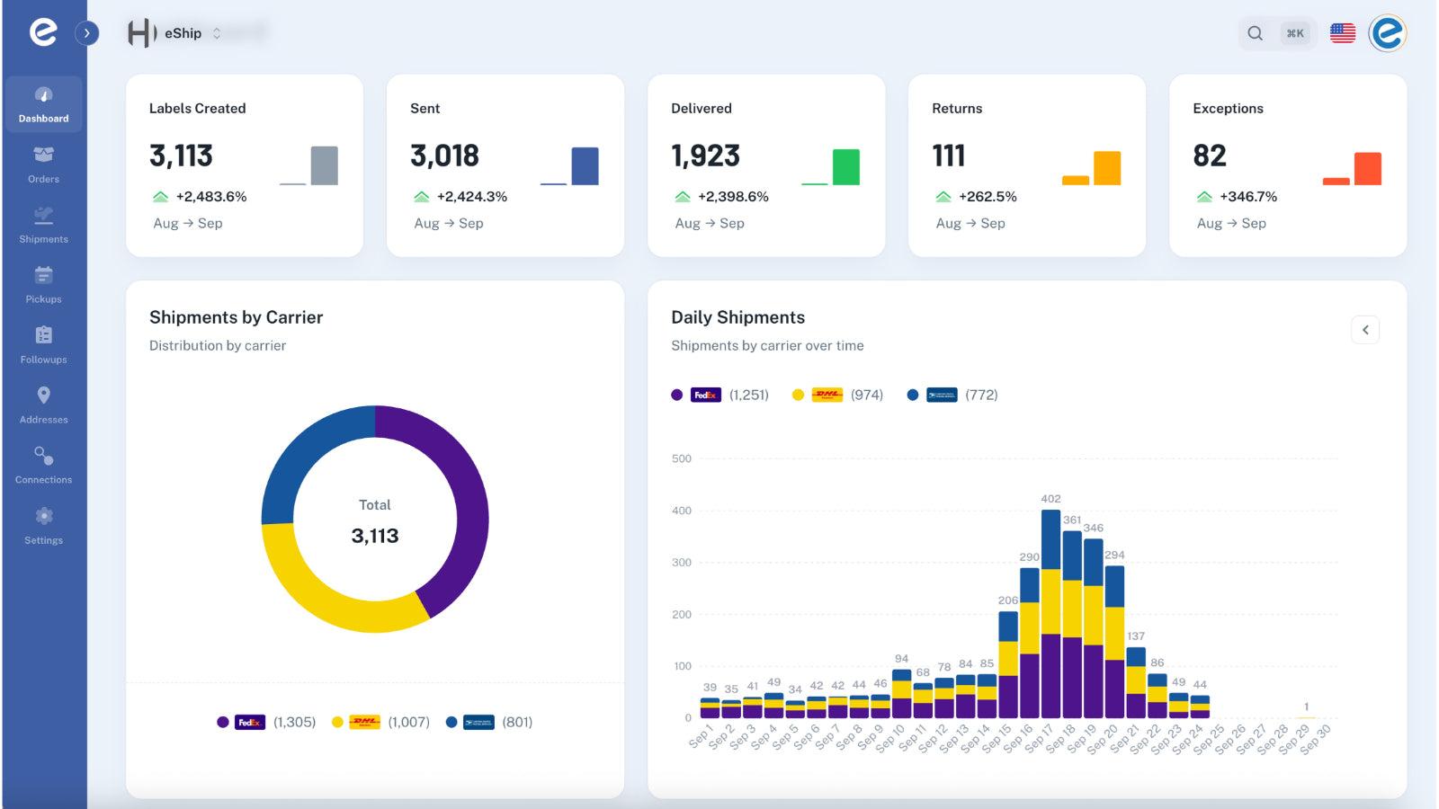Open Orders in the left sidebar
pyautogui.click(x=43, y=164)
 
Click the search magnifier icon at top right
pyautogui.click(x=1255, y=33)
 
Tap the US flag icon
pyautogui.click(x=1342, y=33)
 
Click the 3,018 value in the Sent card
pyautogui.click(x=444, y=156)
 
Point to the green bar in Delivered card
pyautogui.click(x=845, y=167)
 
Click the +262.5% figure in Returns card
pyautogui.click(x=987, y=196)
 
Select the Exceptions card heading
pyautogui.click(x=1228, y=108)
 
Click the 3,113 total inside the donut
pyautogui.click(x=374, y=536)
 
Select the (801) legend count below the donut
pyautogui.click(x=517, y=722)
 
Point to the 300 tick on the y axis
pyautogui.click(x=682, y=563)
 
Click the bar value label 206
pyautogui.click(x=1007, y=600)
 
